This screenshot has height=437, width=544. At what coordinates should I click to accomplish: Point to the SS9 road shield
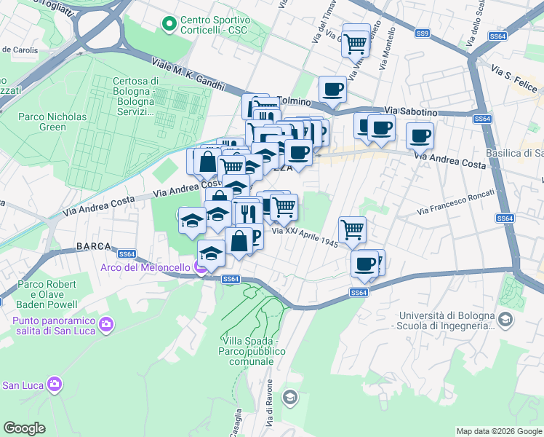click(x=423, y=34)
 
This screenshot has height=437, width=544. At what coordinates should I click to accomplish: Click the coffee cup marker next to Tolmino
click(x=332, y=89)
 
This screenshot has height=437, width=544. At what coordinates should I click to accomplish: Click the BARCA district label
click(x=92, y=248)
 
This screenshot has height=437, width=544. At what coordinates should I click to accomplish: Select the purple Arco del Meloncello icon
click(x=200, y=267)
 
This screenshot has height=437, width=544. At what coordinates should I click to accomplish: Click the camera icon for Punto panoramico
click(x=106, y=323)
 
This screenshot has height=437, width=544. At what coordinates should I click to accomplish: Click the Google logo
click(x=24, y=428)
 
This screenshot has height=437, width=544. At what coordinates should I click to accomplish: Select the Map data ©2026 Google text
click(x=498, y=431)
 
